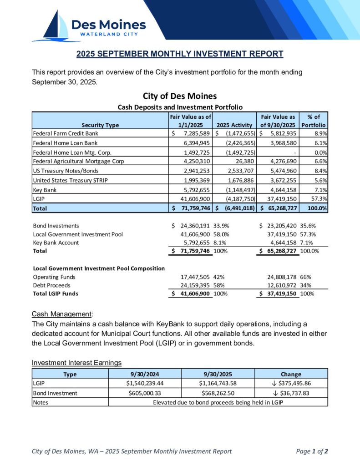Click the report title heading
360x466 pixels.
coord(180,54)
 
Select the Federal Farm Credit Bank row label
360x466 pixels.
coord(66,133)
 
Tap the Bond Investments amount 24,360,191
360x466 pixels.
coord(193,226)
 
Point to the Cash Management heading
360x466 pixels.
coord(62,314)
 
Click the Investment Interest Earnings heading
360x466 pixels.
coord(76,362)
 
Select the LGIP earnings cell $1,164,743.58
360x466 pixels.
coord(218,383)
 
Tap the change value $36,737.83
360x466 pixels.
coord(292,393)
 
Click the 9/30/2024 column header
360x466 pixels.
coord(145,374)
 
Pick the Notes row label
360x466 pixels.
coord(41,402)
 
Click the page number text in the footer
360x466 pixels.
coord(312,451)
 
